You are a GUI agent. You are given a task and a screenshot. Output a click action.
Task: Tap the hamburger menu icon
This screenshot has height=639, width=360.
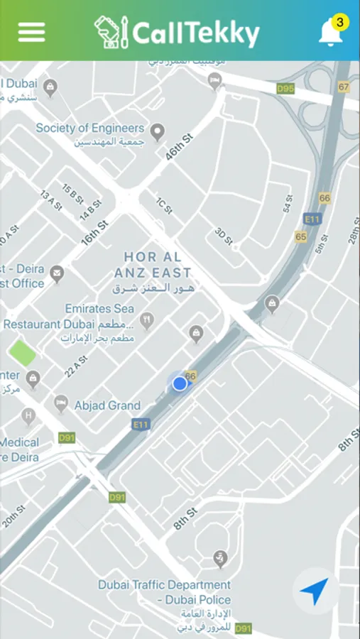coord(31,32)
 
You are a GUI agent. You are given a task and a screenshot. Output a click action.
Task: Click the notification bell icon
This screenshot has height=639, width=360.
coord(329,33)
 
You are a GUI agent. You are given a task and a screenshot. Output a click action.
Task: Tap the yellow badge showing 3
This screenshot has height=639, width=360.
coord(340,23)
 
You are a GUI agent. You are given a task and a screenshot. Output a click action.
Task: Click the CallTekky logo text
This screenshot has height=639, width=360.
coord(195,33)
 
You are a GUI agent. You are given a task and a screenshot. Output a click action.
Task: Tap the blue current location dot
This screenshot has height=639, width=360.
coord(180,383)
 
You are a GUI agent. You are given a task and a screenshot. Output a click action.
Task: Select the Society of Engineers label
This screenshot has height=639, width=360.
coord(90,129)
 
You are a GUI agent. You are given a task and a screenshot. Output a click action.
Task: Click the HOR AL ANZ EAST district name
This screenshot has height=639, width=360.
coord(158,264)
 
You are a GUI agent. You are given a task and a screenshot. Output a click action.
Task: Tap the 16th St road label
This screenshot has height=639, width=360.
coord(94,233)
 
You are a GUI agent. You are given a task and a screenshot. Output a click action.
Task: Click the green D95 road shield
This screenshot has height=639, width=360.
coord(285,89)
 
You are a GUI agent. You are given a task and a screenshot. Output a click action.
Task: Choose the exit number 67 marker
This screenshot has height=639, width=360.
coord(344,87)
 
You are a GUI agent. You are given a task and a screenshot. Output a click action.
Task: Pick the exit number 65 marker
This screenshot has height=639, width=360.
coord(301,236)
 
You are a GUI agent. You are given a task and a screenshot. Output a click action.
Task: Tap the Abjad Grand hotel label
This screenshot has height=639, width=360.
coord(107,405)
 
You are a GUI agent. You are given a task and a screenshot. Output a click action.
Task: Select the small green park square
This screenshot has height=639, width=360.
coord(23,353)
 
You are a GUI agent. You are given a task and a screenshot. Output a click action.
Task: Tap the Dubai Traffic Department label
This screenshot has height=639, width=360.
coord(164,585)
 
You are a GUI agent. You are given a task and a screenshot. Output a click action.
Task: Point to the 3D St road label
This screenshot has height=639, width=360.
coord(224,236)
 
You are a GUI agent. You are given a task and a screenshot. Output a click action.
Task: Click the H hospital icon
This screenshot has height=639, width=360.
coord(28,415)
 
